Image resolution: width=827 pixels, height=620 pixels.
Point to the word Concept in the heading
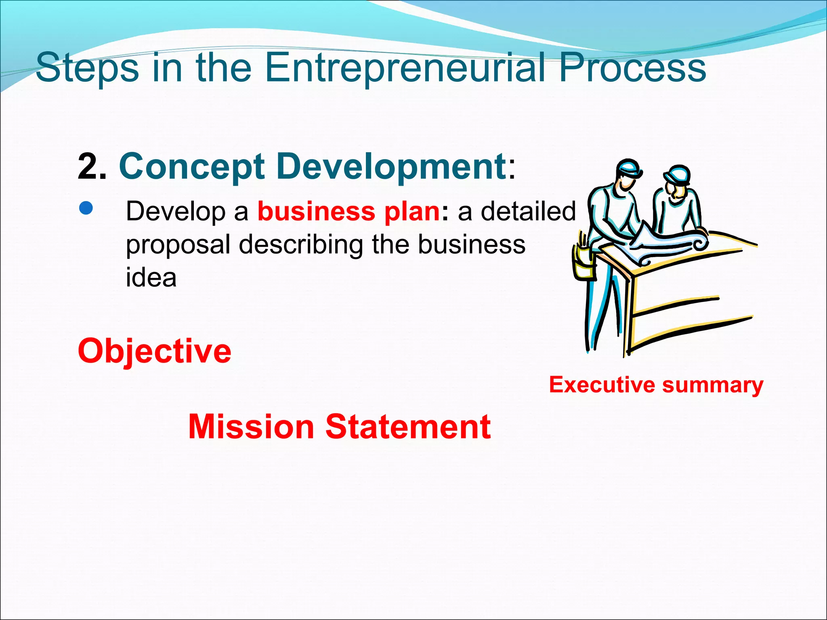pyautogui.click(x=192, y=166)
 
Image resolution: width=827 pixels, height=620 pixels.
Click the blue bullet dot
pyautogui.click(x=86, y=208)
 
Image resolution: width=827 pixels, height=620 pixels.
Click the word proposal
pyautogui.click(x=178, y=245)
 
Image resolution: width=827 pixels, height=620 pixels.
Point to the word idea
pyautogui.click(x=151, y=278)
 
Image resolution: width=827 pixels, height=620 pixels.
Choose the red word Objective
pyautogui.click(x=155, y=351)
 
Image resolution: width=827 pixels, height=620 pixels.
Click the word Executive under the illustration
pyautogui.click(x=602, y=384)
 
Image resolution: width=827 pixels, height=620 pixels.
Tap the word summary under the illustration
pyautogui.click(x=713, y=385)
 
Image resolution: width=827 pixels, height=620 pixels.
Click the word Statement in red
pyautogui.click(x=408, y=427)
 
